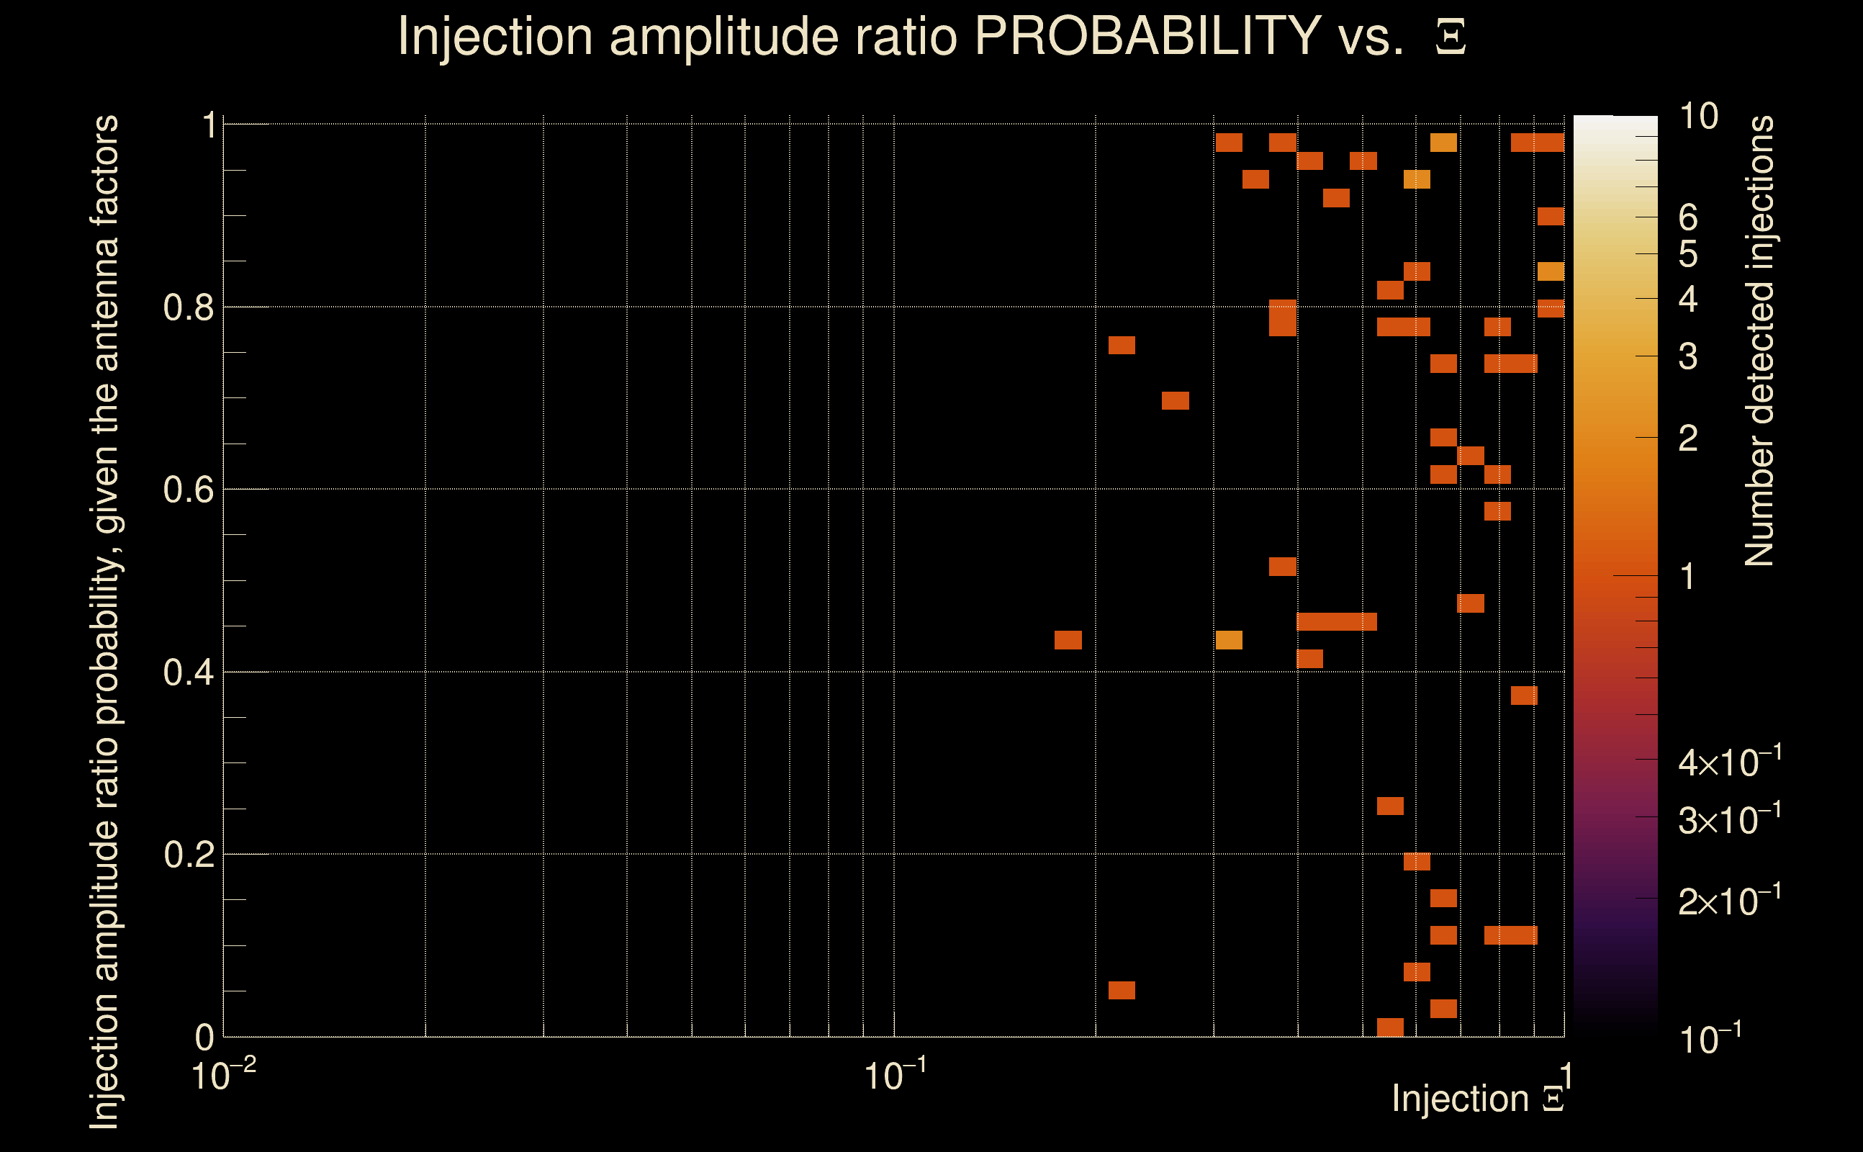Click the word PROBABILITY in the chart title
pyautogui.click(x=1147, y=36)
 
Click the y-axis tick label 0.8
pyautogui.click(x=188, y=308)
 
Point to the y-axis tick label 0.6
pyautogui.click(x=188, y=490)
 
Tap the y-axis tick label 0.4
pyautogui.click(x=188, y=672)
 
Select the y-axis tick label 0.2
pyautogui.click(x=188, y=855)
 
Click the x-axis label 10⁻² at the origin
pyautogui.click(x=222, y=1075)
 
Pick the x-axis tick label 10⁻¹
pyautogui.click(x=894, y=1075)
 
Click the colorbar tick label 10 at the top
pyautogui.click(x=1697, y=117)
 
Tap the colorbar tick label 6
pyautogui.click(x=1688, y=218)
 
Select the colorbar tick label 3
pyautogui.click(x=1688, y=356)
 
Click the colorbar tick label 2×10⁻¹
pyautogui.click(x=1729, y=901)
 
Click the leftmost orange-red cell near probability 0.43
pyautogui.click(x=1068, y=640)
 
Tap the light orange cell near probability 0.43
pyautogui.click(x=1229, y=640)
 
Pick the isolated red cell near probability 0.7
pyautogui.click(x=1176, y=401)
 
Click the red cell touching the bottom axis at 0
pyautogui.click(x=1390, y=1027)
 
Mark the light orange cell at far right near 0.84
pyautogui.click(x=1551, y=272)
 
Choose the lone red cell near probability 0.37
pyautogui.click(x=1524, y=696)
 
